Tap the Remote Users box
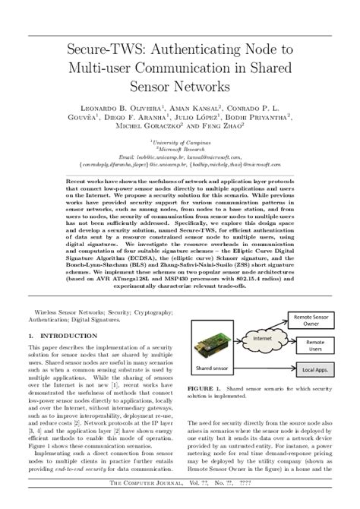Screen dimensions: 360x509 click(x=314, y=346)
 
